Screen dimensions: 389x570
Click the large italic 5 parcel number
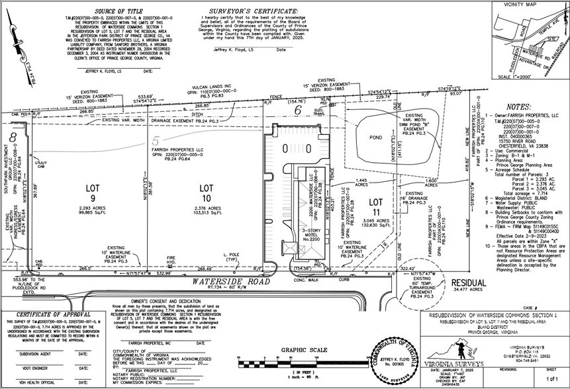point(155,141)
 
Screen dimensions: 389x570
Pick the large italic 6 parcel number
point(297,111)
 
